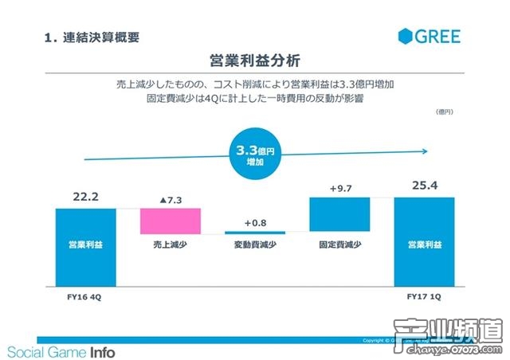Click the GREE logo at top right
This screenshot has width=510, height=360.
[x=430, y=36]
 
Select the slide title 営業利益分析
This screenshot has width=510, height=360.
[x=255, y=61]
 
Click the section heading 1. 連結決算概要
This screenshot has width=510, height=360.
[x=95, y=37]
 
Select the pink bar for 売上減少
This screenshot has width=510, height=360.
[x=170, y=221]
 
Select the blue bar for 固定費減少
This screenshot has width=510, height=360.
[x=339, y=214]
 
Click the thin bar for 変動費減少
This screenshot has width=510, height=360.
[x=255, y=231]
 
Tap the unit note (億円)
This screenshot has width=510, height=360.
[x=444, y=112]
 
